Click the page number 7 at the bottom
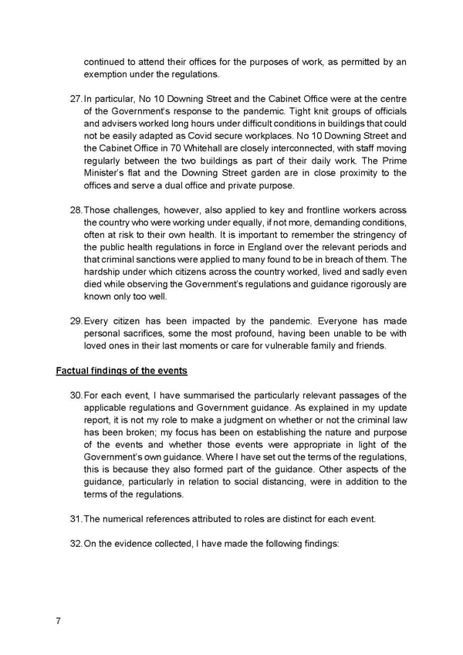(x=59, y=620)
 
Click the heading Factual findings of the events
(x=121, y=371)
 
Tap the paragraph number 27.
(x=75, y=99)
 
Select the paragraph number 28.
(x=75, y=211)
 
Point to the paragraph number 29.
(x=75, y=321)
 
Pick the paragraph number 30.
(x=75, y=395)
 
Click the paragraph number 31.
(x=75, y=519)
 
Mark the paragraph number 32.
(x=75, y=544)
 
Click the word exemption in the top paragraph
(x=107, y=74)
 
